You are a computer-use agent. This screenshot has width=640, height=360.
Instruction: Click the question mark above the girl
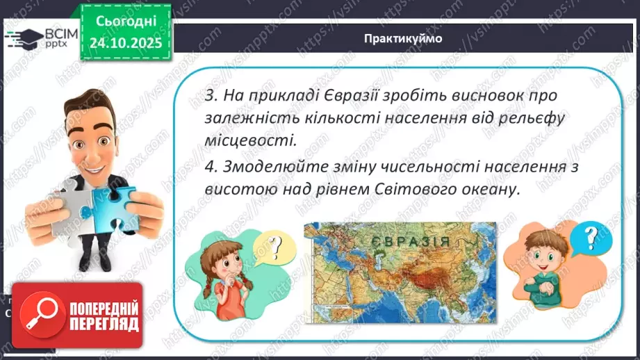tap(276, 245)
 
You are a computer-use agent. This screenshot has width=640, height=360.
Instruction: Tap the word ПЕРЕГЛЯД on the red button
tap(102, 324)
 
